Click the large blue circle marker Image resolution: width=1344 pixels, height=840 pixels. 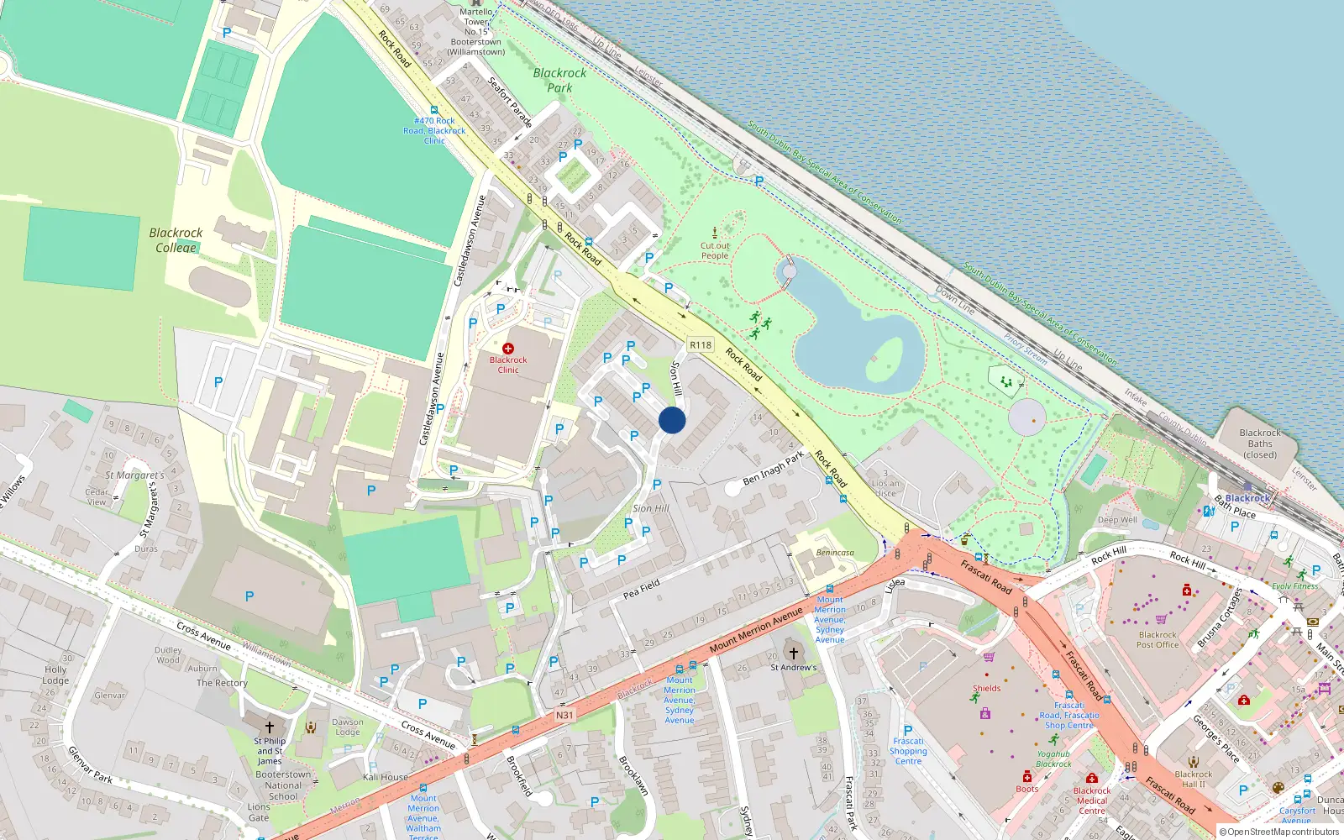672,420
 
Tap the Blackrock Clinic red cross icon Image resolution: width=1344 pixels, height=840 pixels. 508,348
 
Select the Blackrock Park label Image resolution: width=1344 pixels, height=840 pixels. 559,80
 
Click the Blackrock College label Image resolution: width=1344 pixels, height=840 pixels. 176,239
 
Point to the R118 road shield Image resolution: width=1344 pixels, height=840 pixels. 700,344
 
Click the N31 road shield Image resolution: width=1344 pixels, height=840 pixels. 564,716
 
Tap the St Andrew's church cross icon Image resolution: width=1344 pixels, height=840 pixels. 793,653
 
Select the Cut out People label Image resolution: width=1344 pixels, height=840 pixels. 715,250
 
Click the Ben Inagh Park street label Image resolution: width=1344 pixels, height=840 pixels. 773,468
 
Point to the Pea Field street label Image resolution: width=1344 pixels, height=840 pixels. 642,589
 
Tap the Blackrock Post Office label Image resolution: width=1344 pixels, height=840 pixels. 1158,640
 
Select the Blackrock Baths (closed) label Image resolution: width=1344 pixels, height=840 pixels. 1260,444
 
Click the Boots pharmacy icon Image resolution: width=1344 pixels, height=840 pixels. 1027,776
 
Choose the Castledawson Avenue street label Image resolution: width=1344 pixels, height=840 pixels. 470,241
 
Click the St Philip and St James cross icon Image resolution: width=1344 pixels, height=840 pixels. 270,727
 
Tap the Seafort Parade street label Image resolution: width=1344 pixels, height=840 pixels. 510,102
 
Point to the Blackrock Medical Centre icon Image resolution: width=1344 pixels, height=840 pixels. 1092,778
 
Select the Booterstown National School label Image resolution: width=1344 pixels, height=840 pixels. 283,785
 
